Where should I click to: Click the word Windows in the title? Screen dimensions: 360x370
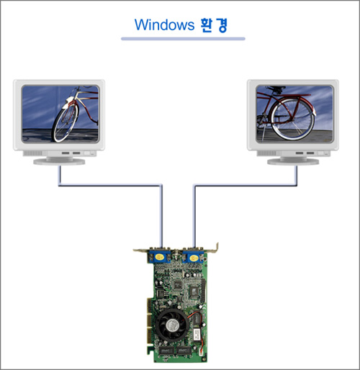pyautogui.click(x=164, y=24)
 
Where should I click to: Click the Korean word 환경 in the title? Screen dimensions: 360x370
pyautogui.click(x=213, y=25)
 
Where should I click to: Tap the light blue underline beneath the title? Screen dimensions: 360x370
pyautogui.click(x=183, y=39)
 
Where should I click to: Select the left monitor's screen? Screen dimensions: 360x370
pyautogui.click(x=60, y=114)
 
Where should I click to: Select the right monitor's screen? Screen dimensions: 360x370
pyautogui.click(x=294, y=114)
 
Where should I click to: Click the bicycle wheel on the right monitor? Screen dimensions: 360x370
pyautogui.click(x=292, y=119)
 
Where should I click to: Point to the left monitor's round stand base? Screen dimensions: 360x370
pyautogui.click(x=59, y=162)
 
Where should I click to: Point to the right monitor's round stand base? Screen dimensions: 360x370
pyautogui.click(x=293, y=162)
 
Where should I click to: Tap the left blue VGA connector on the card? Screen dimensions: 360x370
pyautogui.click(x=160, y=257)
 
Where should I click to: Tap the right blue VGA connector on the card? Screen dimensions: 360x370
pyautogui.click(x=194, y=258)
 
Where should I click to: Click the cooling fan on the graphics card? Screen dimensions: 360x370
pyautogui.click(x=171, y=325)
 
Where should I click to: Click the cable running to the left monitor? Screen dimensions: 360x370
pyautogui.click(x=110, y=185)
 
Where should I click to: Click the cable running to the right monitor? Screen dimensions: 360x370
pyautogui.click(x=245, y=185)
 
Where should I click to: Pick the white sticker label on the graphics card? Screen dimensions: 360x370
pyautogui.click(x=197, y=334)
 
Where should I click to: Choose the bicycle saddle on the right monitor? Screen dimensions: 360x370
pyautogui.click(x=276, y=88)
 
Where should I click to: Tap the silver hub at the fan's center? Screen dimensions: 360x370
pyautogui.click(x=171, y=325)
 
